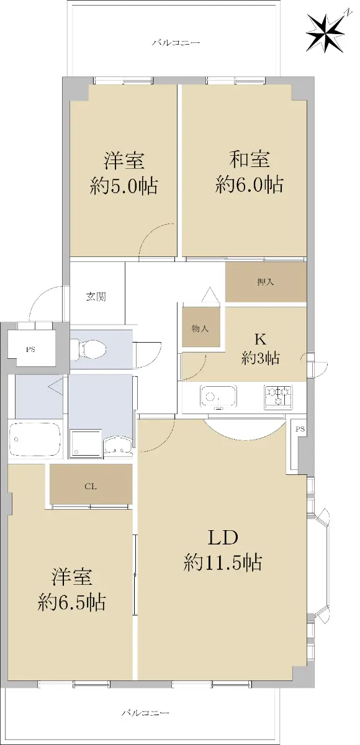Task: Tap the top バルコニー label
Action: (176, 43)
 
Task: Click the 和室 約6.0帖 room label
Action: (250, 173)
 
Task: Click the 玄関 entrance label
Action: (96, 297)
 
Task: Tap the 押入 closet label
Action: (266, 282)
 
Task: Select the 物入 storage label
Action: (200, 328)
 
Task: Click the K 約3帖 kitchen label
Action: (260, 349)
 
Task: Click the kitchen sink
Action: (218, 397)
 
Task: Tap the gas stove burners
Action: (278, 397)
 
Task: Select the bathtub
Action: (35, 440)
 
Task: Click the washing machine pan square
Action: (86, 442)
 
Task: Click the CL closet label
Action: (91, 487)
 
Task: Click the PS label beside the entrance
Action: (31, 350)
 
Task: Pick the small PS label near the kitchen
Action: (300, 429)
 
